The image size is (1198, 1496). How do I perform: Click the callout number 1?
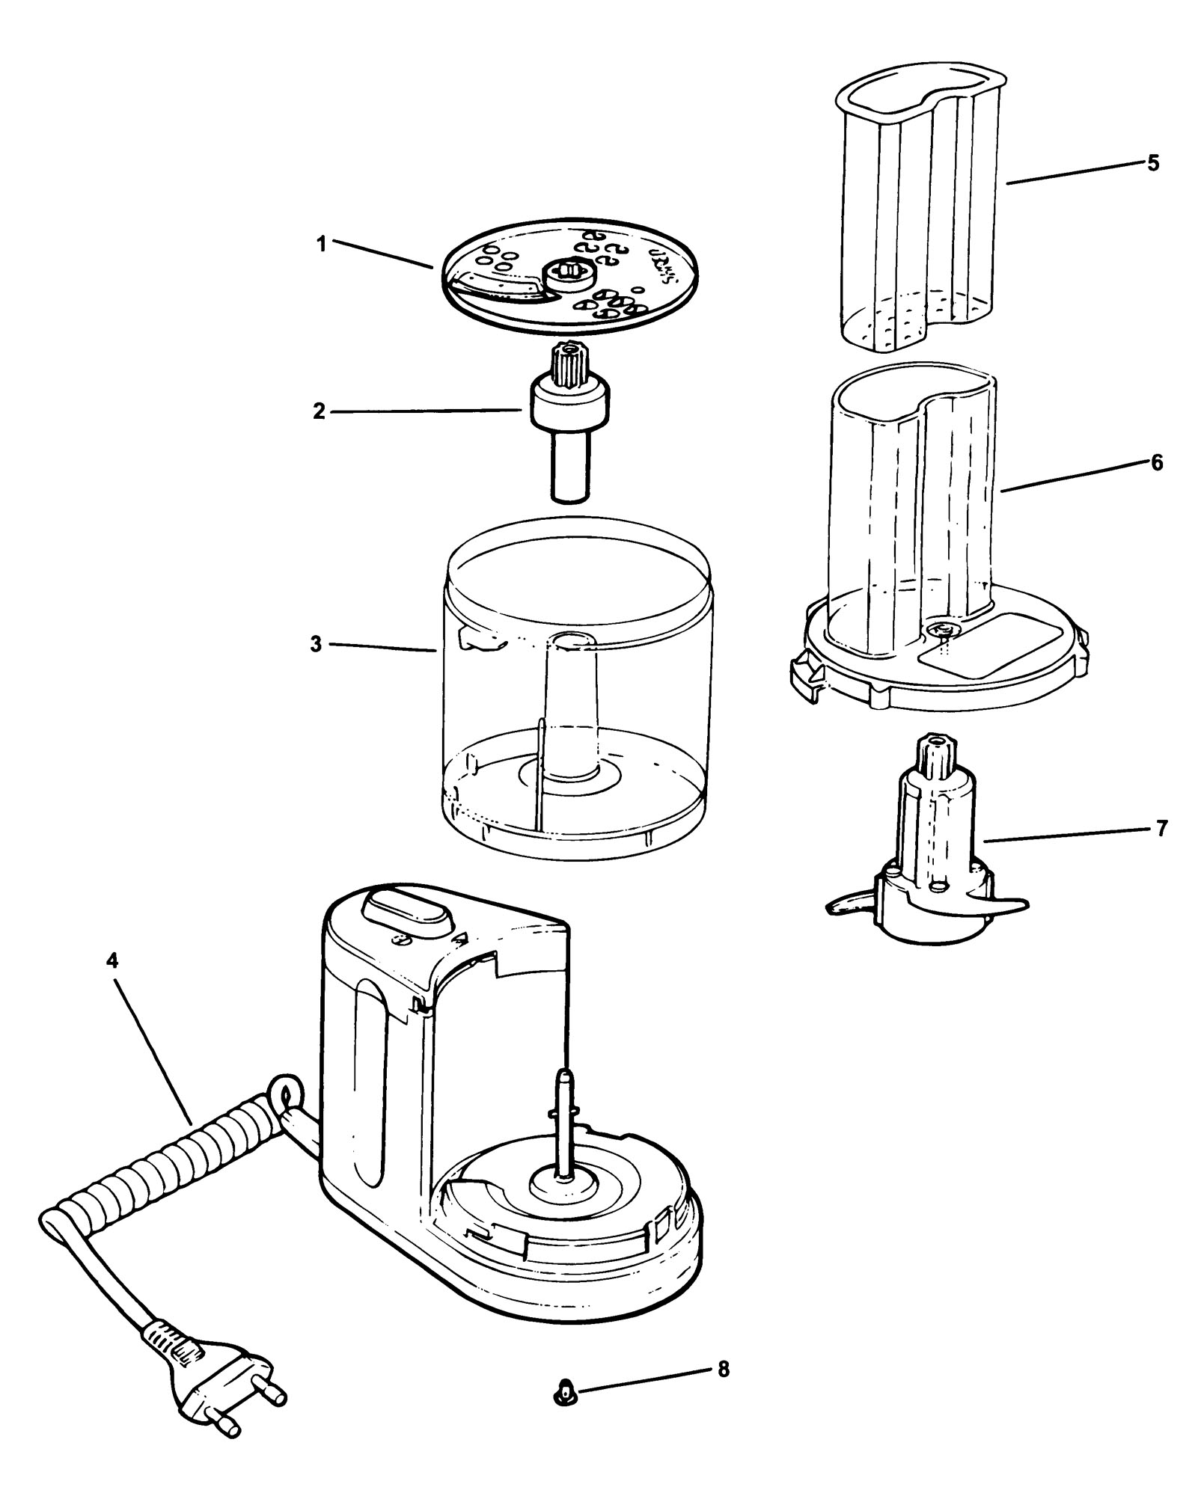[x=322, y=245]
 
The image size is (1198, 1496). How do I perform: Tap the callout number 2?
[x=320, y=411]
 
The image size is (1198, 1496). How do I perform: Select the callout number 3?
[x=317, y=644]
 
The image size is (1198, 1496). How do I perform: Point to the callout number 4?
[x=112, y=962]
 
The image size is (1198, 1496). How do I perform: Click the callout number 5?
[x=1153, y=163]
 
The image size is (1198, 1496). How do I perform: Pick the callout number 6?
[x=1158, y=463]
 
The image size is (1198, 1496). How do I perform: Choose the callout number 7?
[x=1161, y=830]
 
